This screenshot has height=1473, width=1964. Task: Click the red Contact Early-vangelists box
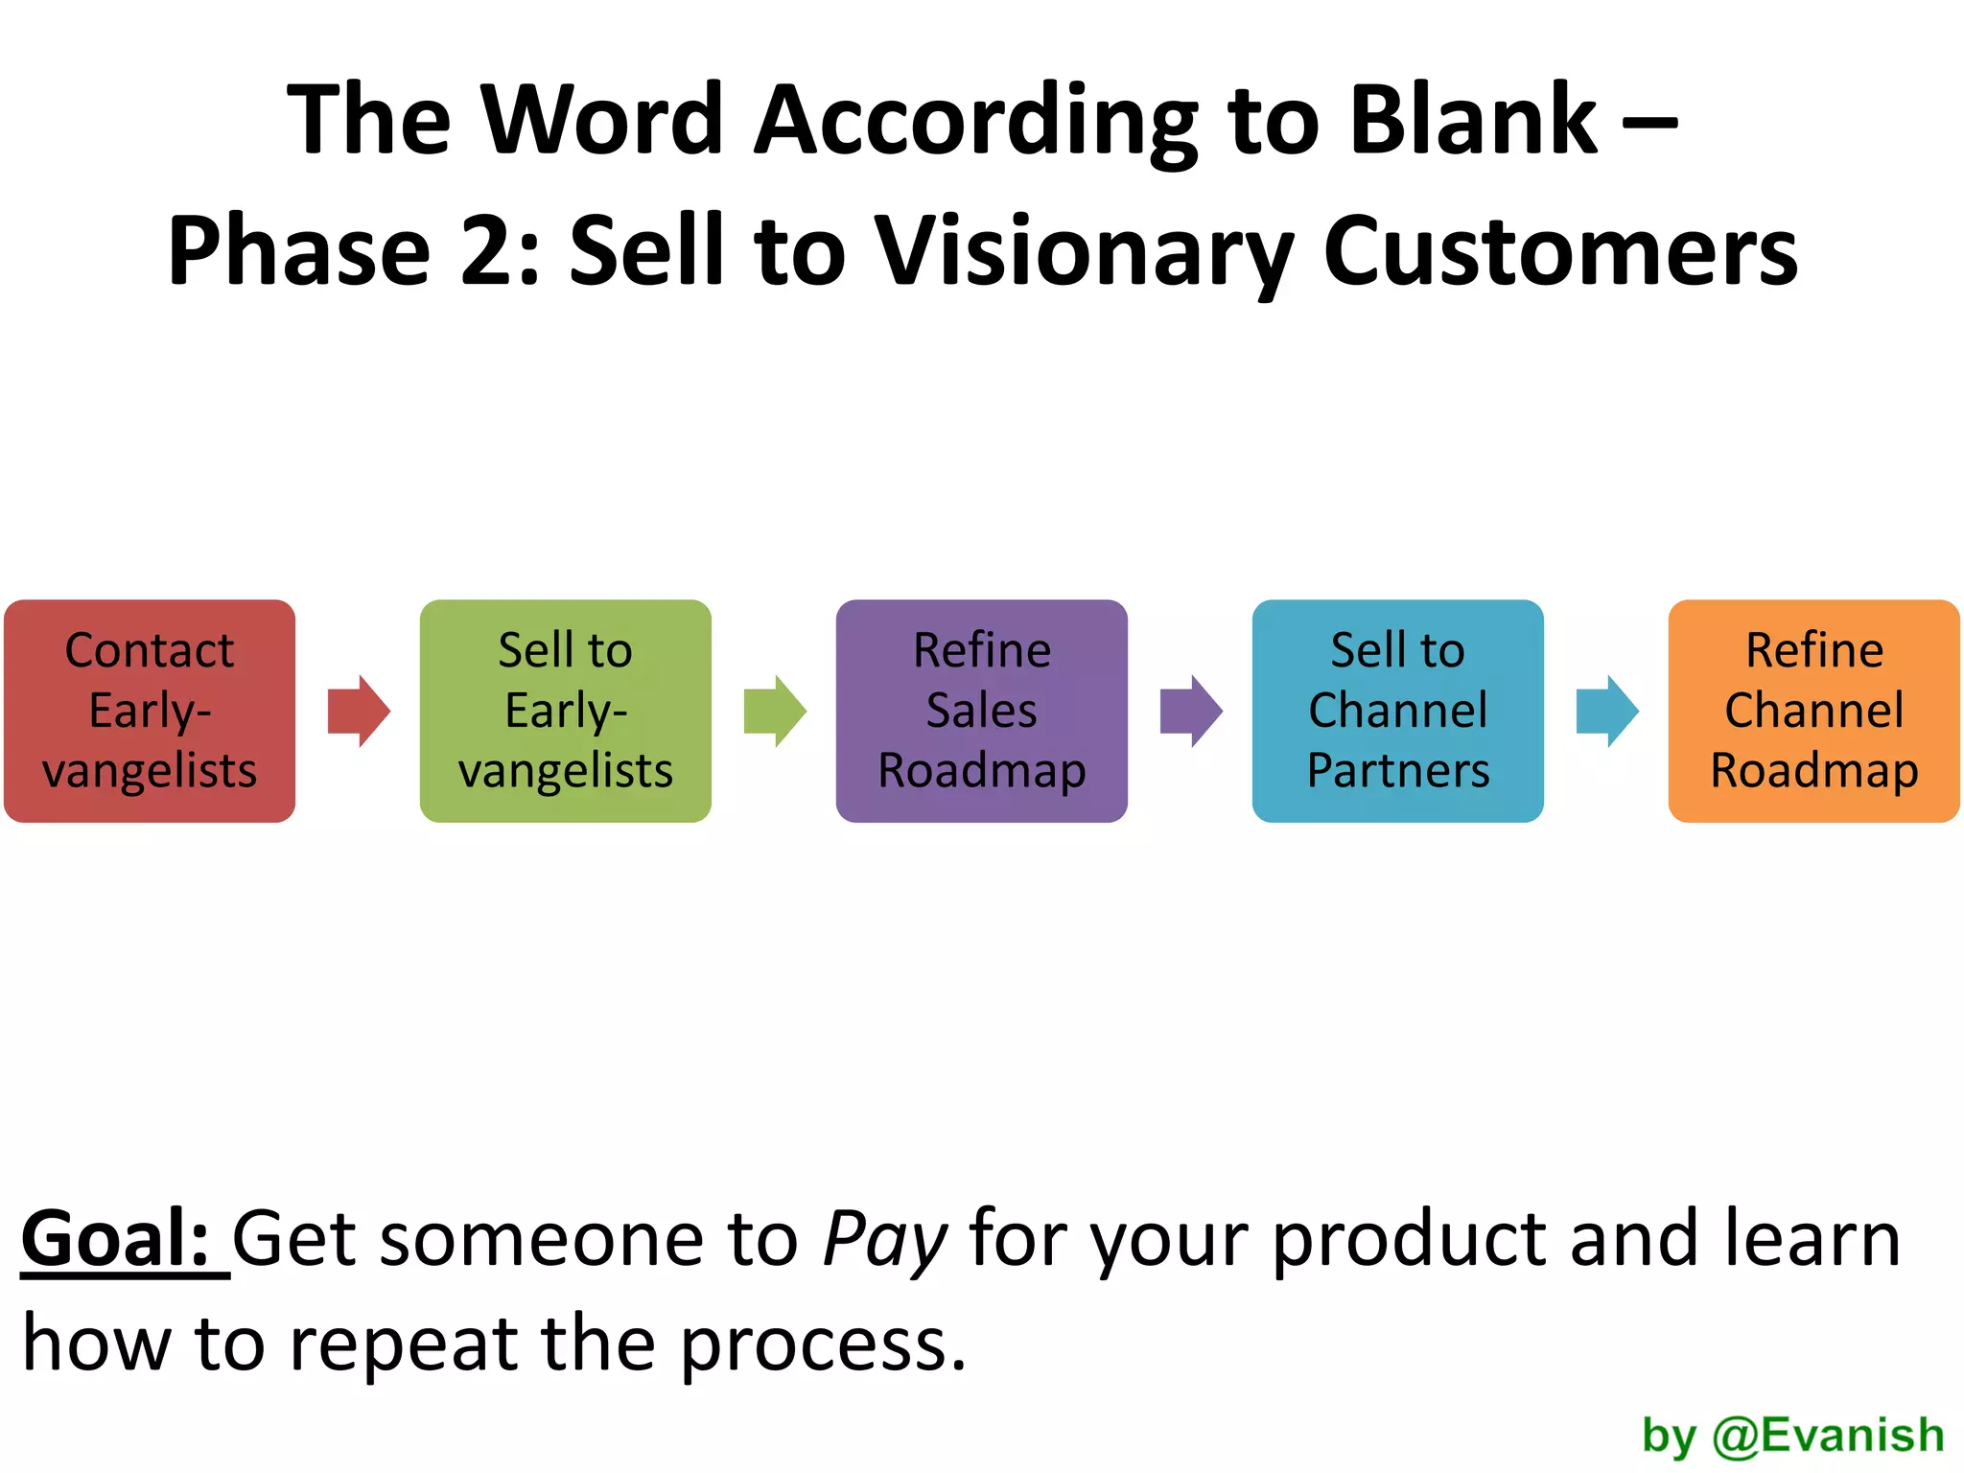150,711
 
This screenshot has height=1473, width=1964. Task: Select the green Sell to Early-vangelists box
566,711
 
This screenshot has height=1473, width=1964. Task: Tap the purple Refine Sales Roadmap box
981,711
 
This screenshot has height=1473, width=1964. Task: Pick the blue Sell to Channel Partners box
1397,711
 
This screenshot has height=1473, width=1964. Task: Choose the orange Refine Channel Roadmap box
1813,711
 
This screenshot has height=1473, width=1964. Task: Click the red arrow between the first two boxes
359,711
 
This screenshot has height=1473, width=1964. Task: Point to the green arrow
775,711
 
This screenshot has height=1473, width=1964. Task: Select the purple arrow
1191,711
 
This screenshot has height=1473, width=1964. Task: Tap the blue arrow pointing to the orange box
1607,711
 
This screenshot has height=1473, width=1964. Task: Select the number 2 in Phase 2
491,251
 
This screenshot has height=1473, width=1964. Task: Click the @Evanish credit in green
1828,1435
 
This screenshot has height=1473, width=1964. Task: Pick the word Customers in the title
1560,251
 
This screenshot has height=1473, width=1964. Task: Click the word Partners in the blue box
1398,770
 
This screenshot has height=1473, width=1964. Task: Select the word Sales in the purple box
981,711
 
